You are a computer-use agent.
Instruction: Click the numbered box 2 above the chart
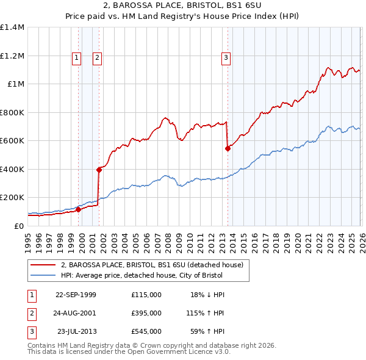click(x=97, y=58)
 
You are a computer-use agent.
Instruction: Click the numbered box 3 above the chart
click(x=226, y=58)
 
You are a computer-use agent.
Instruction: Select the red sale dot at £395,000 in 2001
click(x=99, y=170)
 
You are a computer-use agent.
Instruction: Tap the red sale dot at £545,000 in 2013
click(x=228, y=148)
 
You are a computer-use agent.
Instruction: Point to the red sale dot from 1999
click(x=78, y=209)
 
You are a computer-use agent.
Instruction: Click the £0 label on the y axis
click(x=18, y=226)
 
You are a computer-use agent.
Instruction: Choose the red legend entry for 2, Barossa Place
click(x=152, y=265)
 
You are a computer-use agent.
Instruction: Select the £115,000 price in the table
click(x=146, y=294)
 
